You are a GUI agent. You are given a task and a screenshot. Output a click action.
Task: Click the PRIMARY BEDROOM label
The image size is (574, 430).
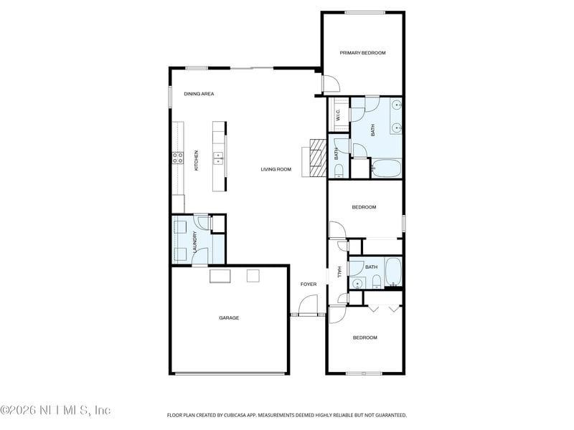(362, 53)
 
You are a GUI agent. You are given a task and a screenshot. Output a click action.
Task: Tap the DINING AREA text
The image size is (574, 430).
(199, 94)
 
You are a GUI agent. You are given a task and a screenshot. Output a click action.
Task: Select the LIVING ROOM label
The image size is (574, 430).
(276, 169)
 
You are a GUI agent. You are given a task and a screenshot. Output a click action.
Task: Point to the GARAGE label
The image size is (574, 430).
(229, 317)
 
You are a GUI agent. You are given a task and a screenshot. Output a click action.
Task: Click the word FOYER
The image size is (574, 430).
(308, 285)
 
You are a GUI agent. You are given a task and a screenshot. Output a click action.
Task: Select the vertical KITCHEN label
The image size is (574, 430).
(196, 160)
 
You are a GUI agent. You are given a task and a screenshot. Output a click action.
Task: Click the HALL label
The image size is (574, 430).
(339, 274)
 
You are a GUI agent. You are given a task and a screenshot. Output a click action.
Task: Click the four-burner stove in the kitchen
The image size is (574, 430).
(177, 158)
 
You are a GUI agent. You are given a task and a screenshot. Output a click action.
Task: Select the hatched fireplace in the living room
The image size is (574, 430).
(314, 157)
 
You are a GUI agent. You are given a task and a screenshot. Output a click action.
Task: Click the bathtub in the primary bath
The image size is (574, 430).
(387, 169)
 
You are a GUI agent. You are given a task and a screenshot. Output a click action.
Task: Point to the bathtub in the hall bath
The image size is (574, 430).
(393, 273)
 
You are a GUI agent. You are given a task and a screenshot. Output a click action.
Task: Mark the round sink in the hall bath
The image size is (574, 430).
(357, 282)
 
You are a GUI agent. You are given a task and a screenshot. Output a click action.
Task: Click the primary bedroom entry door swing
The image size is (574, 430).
(329, 85)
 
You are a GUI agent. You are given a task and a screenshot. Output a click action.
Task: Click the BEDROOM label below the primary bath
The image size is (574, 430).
(364, 207)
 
